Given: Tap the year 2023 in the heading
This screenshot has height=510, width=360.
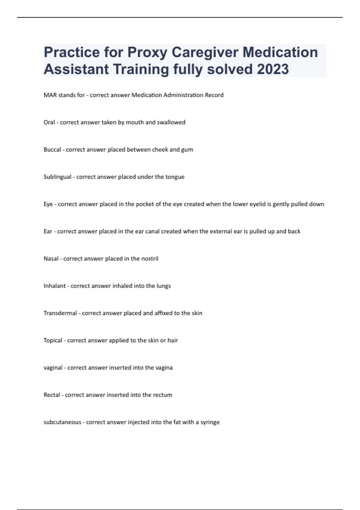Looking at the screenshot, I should coord(273,69).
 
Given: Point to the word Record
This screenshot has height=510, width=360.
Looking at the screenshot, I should coord(214,95).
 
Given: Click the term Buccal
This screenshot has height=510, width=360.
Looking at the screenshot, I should coord(52,150).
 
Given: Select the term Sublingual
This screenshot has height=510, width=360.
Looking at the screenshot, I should coord(57,177).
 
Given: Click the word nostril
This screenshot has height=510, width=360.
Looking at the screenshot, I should coord(150,259).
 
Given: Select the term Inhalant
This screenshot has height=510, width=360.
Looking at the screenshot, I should coord(55,286).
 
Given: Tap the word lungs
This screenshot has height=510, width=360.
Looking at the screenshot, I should coord(163,286).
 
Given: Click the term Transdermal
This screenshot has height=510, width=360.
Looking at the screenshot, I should coord(60,313).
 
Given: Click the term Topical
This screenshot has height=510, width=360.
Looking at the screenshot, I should coord(53,340).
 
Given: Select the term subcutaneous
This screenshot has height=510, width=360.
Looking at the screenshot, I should coord(62,422).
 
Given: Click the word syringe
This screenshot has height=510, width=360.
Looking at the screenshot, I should coord(210,422).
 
